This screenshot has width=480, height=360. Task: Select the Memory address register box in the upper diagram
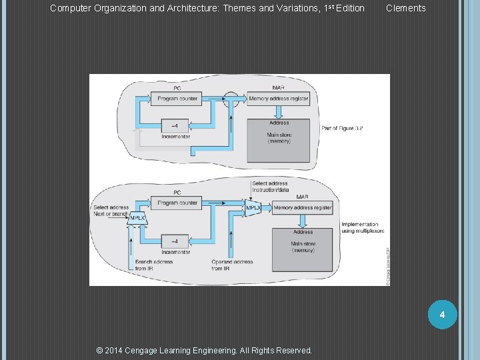[x=278, y=99]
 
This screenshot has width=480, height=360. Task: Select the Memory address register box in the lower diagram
[x=302, y=208]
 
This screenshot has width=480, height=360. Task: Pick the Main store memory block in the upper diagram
[x=279, y=140]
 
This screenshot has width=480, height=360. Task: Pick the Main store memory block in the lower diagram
[x=302, y=249]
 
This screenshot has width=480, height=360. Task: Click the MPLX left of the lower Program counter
[x=137, y=218]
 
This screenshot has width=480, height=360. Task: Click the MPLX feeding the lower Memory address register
[x=253, y=209]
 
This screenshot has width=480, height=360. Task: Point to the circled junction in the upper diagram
[x=231, y=99]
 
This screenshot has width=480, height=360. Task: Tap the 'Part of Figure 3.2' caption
[x=343, y=128]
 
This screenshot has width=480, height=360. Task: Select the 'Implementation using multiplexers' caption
[x=360, y=227]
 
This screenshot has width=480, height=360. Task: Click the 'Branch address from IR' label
[x=154, y=265]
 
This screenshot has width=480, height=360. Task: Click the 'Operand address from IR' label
[x=231, y=265]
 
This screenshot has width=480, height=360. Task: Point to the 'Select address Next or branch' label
[x=111, y=211]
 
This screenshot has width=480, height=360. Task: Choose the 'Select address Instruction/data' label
[x=269, y=187]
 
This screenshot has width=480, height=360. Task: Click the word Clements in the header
[x=405, y=8]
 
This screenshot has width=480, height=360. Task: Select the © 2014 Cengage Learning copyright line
[x=204, y=350]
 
